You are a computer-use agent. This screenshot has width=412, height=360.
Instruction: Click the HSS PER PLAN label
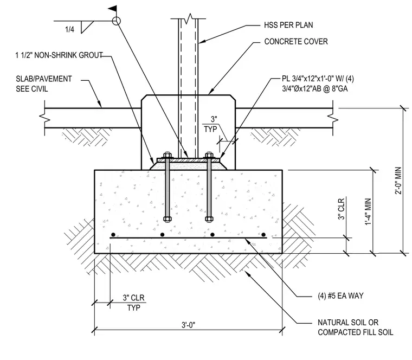pyautogui.click(x=288, y=25)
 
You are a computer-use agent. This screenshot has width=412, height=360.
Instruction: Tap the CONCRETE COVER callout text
pyautogui.click(x=296, y=42)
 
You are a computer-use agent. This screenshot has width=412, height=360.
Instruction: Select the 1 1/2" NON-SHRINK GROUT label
pyautogui.click(x=59, y=55)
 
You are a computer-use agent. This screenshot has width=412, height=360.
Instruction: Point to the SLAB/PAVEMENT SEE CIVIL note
pyautogui.click(x=43, y=84)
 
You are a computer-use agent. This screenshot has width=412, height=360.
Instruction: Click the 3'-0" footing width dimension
pyautogui.click(x=189, y=325)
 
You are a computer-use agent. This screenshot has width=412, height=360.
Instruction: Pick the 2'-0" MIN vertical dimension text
pyautogui.click(x=398, y=181)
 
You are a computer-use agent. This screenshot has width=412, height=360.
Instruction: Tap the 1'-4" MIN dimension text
pyautogui.click(x=368, y=211)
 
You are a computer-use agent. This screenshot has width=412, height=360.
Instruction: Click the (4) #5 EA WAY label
pyautogui.click(x=340, y=296)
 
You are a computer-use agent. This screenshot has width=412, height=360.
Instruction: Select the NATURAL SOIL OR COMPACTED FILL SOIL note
pyautogui.click(x=356, y=327)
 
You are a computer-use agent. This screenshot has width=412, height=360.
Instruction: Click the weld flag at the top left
pyautogui.click(x=112, y=9)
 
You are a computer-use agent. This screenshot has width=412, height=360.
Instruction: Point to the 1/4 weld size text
pyautogui.click(x=69, y=29)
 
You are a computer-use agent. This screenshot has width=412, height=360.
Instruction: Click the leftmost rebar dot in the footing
pyautogui.click(x=113, y=235)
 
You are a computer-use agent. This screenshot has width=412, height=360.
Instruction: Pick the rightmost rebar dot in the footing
pyautogui.click(x=263, y=235)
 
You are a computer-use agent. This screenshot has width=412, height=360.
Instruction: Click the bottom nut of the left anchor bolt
pyautogui.click(x=167, y=218)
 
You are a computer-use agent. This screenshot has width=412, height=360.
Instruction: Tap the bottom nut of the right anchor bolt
pyautogui.click(x=209, y=218)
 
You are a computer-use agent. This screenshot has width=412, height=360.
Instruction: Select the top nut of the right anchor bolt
pyautogui.click(x=209, y=155)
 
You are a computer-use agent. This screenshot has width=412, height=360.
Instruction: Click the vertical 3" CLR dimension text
pyautogui.click(x=341, y=209)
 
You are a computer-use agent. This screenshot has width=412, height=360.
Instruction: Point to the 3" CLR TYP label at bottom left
pyautogui.click(x=134, y=303)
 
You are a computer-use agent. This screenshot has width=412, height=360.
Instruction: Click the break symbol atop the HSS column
pyautogui.click(x=188, y=18)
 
